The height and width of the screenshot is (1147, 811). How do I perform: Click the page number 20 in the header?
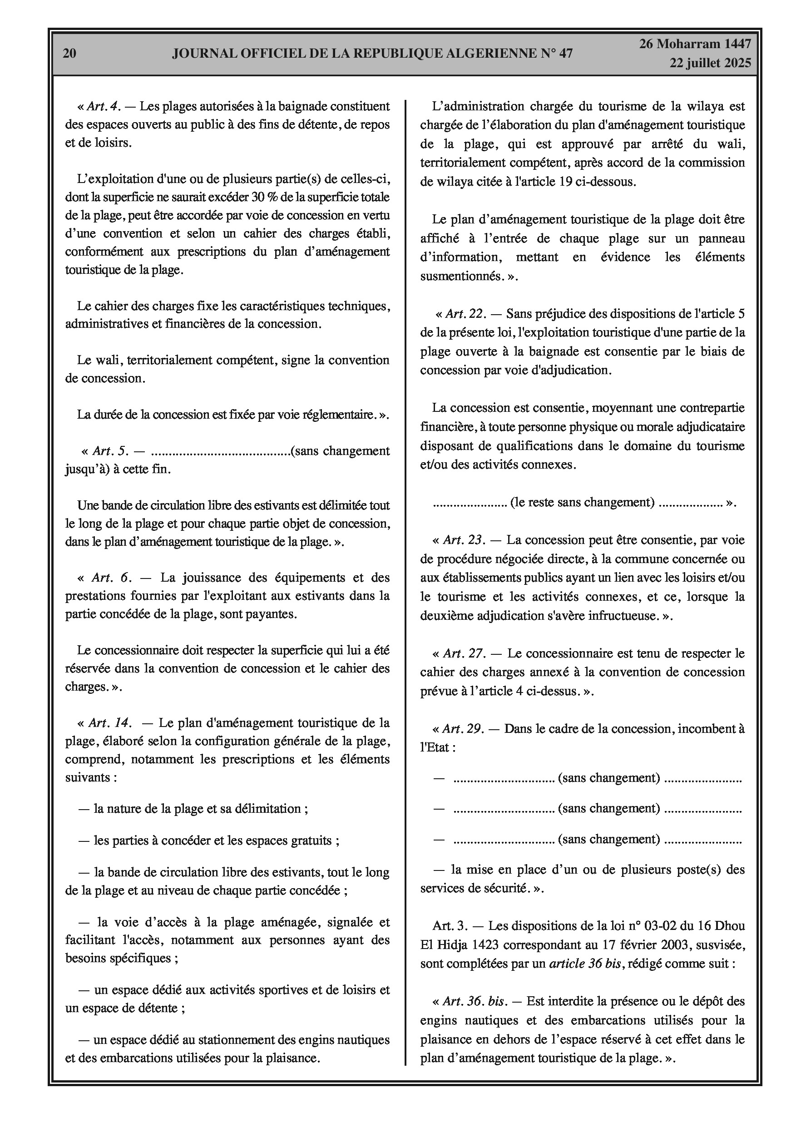pos(69,54)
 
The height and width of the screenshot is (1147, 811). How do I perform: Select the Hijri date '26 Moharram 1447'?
pos(695,44)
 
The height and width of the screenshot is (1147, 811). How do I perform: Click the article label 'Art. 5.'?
pos(110,451)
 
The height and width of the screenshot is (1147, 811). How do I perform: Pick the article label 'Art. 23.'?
pos(464,540)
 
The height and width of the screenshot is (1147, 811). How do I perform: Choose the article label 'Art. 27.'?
pos(464,653)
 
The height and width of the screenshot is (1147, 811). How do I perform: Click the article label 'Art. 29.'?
pos(463,729)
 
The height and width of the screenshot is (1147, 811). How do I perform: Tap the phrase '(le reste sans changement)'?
pos(582,503)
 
